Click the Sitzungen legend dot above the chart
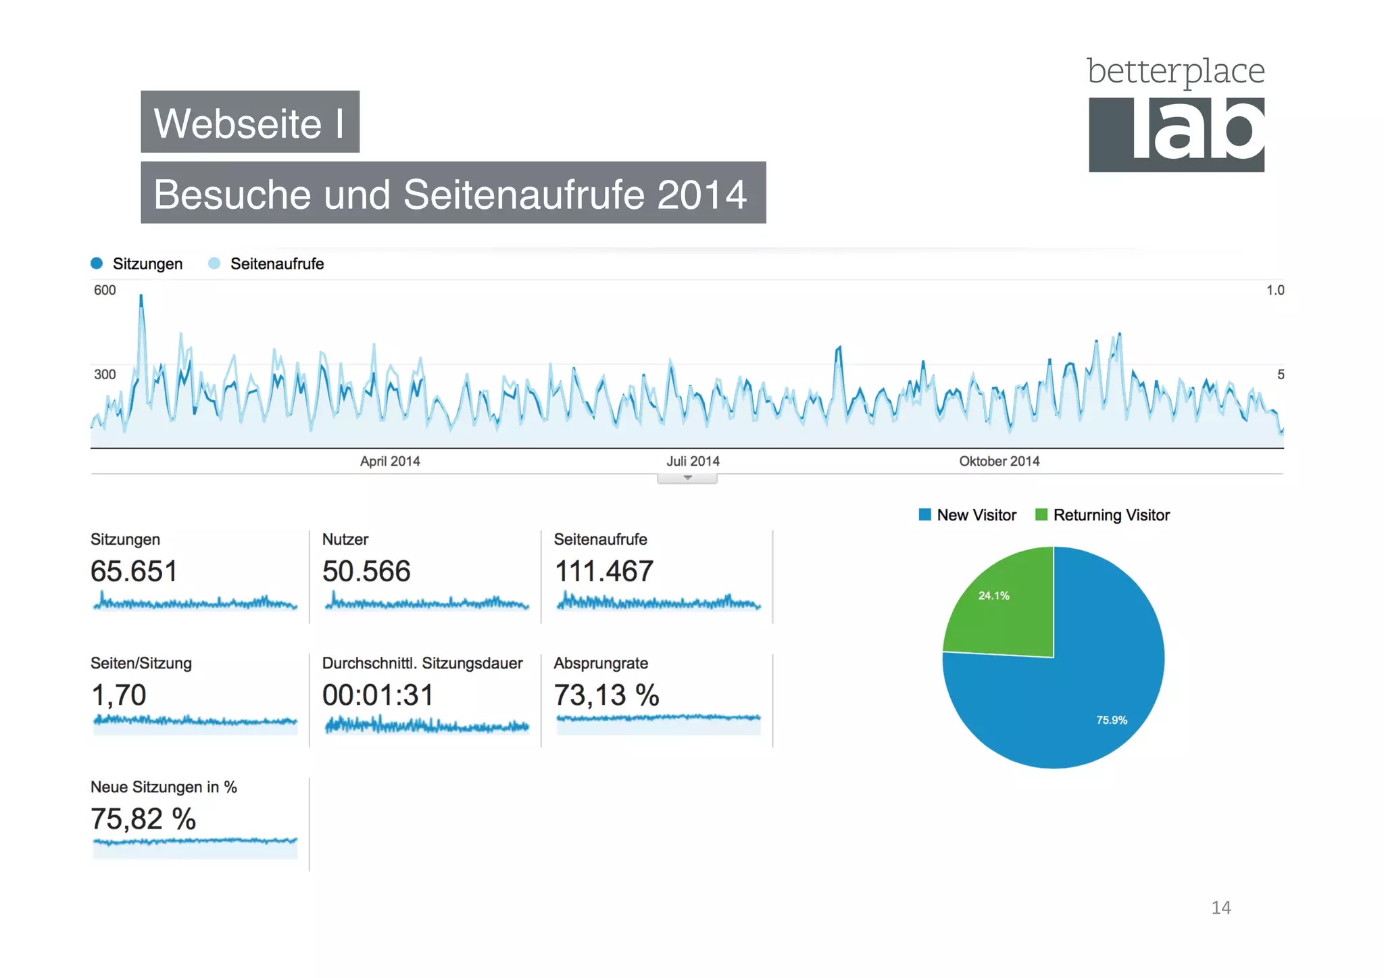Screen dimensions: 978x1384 (97, 263)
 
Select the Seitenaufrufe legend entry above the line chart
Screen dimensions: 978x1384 (276, 264)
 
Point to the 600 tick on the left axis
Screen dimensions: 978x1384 (105, 290)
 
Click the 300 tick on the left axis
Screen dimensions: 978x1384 (105, 374)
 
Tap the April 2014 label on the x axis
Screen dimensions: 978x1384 (390, 461)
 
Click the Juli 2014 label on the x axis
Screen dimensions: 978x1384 (693, 461)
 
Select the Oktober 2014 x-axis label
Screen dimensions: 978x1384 (999, 461)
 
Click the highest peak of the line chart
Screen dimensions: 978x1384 (141, 297)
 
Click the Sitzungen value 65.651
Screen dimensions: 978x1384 (134, 571)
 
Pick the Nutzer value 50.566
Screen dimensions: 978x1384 (366, 571)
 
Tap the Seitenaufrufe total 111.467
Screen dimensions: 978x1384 (603, 571)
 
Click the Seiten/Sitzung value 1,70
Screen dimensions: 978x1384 (118, 695)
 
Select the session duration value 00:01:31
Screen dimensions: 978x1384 (378, 695)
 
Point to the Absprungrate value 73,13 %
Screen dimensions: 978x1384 (606, 695)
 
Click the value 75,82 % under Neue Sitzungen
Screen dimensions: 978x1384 (143, 818)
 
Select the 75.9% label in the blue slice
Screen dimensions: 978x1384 (1112, 720)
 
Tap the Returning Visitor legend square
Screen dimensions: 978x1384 (1041, 515)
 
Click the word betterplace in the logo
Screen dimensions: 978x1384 (1175, 72)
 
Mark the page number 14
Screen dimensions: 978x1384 (1220, 907)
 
